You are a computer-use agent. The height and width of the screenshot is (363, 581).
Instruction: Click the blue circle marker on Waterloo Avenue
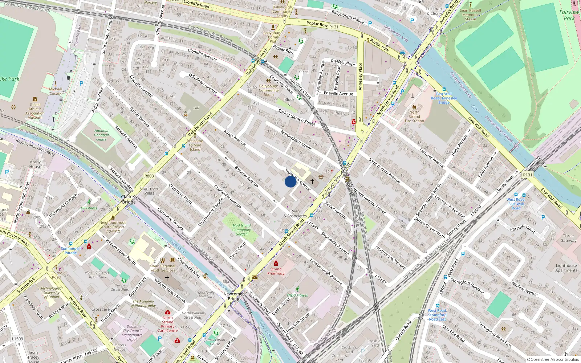pyautogui.click(x=290, y=181)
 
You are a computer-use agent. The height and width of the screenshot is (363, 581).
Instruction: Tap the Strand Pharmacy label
pyautogui.click(x=276, y=271)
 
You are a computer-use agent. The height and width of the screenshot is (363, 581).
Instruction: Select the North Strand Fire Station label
pyautogui.click(x=414, y=117)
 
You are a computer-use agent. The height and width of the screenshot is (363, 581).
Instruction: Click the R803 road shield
pyautogui.click(x=149, y=176)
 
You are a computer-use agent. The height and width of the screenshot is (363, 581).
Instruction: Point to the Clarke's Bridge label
pyautogui.click(x=129, y=199)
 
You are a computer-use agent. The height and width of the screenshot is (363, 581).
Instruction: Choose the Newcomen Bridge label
pyautogui.click(x=234, y=296)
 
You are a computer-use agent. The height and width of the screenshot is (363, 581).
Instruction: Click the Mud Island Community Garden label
pyautogui.click(x=241, y=230)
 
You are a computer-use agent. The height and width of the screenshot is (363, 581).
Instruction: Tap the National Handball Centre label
pyautogui.click(x=101, y=135)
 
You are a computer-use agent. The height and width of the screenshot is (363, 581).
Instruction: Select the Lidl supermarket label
pyautogui.click(x=196, y=108)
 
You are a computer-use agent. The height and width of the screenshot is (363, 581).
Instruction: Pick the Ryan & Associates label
pyautogui.click(x=295, y=213)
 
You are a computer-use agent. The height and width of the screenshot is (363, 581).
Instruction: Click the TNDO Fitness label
pyautogui.click(x=297, y=295)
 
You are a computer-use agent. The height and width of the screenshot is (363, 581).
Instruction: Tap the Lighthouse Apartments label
pyautogui.click(x=566, y=268)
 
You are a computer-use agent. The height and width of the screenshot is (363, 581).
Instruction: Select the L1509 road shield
pyautogui.click(x=17, y=339)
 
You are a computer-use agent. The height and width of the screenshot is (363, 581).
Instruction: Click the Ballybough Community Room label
pyautogui.click(x=269, y=90)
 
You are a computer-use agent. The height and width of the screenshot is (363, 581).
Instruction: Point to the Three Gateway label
pyautogui.click(x=568, y=238)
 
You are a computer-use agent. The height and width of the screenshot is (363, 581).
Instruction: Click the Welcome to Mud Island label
pyautogui.click(x=195, y=145)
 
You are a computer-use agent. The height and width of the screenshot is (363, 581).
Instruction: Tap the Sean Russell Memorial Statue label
pyautogui.click(x=470, y=15)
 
